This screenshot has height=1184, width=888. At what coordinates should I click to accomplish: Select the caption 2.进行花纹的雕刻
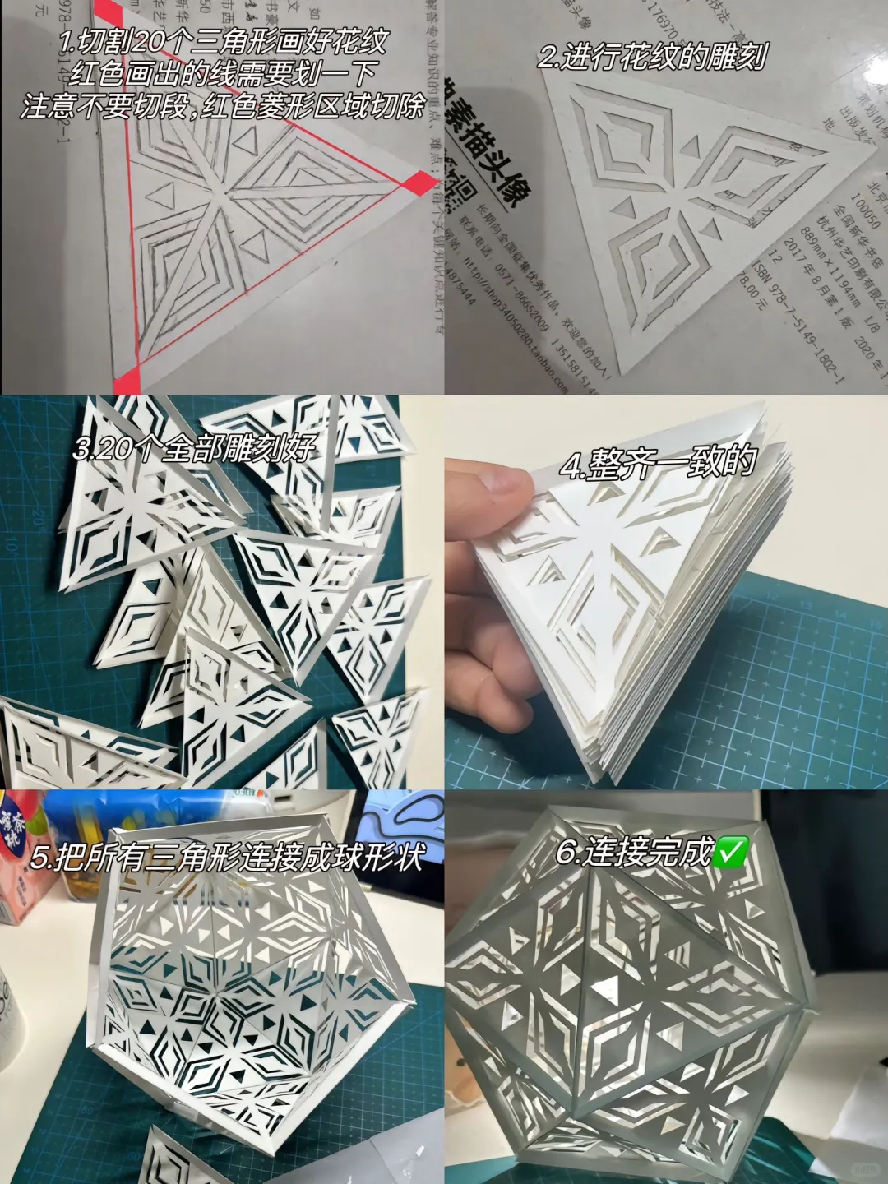click(652, 56)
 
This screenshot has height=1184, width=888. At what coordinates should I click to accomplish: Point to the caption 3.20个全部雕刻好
click(194, 448)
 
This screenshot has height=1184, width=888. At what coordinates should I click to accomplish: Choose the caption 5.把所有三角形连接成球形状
click(226, 858)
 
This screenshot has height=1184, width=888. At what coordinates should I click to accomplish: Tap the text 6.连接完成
click(633, 853)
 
